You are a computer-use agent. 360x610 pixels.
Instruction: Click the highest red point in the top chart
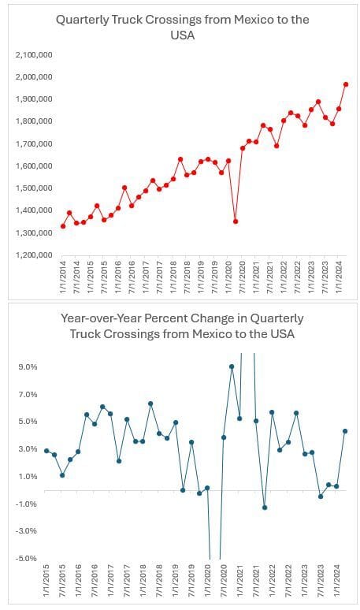click(x=346, y=84)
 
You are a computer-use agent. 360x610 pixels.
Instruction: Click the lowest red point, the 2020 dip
click(x=236, y=221)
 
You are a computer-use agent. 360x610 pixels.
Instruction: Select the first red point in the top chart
click(x=63, y=226)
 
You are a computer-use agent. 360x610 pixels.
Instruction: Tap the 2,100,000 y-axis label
click(x=34, y=55)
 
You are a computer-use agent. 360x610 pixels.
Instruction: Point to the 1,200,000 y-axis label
click(x=34, y=255)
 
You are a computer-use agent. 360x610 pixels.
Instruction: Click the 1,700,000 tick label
click(x=34, y=144)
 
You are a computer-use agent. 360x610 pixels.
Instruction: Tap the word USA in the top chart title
click(x=182, y=35)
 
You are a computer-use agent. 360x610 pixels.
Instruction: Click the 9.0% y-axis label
click(x=28, y=366)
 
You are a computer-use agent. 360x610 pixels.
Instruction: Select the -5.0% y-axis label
click(x=27, y=558)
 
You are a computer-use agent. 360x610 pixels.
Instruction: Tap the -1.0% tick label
click(x=27, y=504)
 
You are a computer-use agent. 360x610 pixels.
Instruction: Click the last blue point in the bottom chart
click(x=345, y=431)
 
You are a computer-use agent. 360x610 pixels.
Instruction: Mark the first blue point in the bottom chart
click(x=46, y=451)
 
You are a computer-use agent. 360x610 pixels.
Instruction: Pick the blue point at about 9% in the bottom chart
click(x=232, y=366)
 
